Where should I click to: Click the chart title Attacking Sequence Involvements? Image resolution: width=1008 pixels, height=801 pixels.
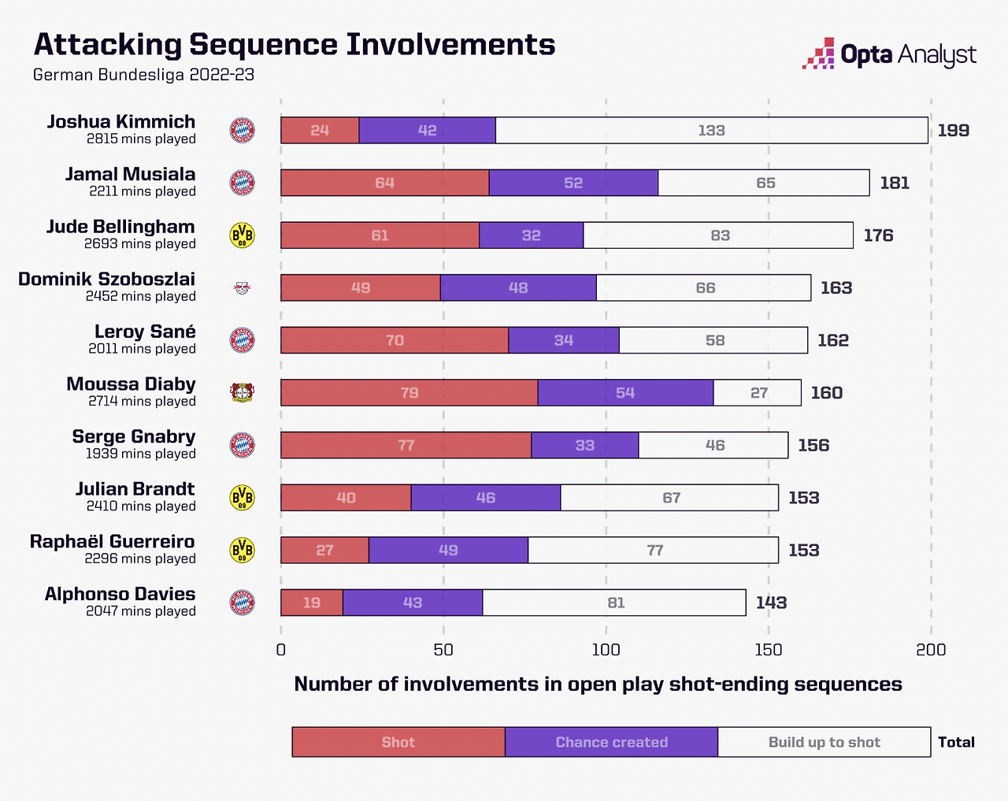[x=294, y=45]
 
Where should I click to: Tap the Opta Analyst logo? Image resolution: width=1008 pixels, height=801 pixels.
[x=889, y=54]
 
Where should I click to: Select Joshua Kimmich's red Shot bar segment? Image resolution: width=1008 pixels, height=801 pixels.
[x=320, y=131]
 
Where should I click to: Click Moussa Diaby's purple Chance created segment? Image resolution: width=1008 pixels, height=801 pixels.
[x=625, y=393]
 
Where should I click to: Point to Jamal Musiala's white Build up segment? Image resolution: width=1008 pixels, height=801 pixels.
[x=765, y=183]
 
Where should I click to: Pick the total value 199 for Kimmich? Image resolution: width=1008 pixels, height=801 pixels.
[x=953, y=131]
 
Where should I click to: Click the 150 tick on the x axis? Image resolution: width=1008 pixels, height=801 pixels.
[x=769, y=650]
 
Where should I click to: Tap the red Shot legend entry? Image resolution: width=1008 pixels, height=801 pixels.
[x=398, y=742]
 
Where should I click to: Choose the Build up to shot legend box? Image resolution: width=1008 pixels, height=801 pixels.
[x=824, y=742]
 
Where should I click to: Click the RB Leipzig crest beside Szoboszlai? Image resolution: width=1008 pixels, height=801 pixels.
[x=242, y=288]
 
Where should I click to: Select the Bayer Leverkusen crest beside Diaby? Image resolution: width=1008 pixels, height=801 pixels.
[x=242, y=393]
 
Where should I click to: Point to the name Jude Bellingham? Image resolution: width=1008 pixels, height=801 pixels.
[x=120, y=227]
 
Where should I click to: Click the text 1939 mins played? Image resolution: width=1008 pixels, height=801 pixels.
[x=141, y=454]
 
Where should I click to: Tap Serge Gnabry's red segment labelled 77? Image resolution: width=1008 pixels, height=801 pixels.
[x=406, y=446]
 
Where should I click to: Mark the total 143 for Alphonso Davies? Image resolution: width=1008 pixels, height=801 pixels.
[x=771, y=603]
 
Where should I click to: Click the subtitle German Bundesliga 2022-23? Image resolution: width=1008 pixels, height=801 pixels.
[x=143, y=75]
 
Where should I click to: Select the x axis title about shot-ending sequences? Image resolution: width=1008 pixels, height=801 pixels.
[x=598, y=684]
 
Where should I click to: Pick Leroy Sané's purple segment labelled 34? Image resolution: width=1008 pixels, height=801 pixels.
[x=563, y=340]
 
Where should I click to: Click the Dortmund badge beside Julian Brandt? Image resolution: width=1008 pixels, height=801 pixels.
[x=242, y=498]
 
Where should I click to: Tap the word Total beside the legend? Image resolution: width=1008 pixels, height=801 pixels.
[x=956, y=742]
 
